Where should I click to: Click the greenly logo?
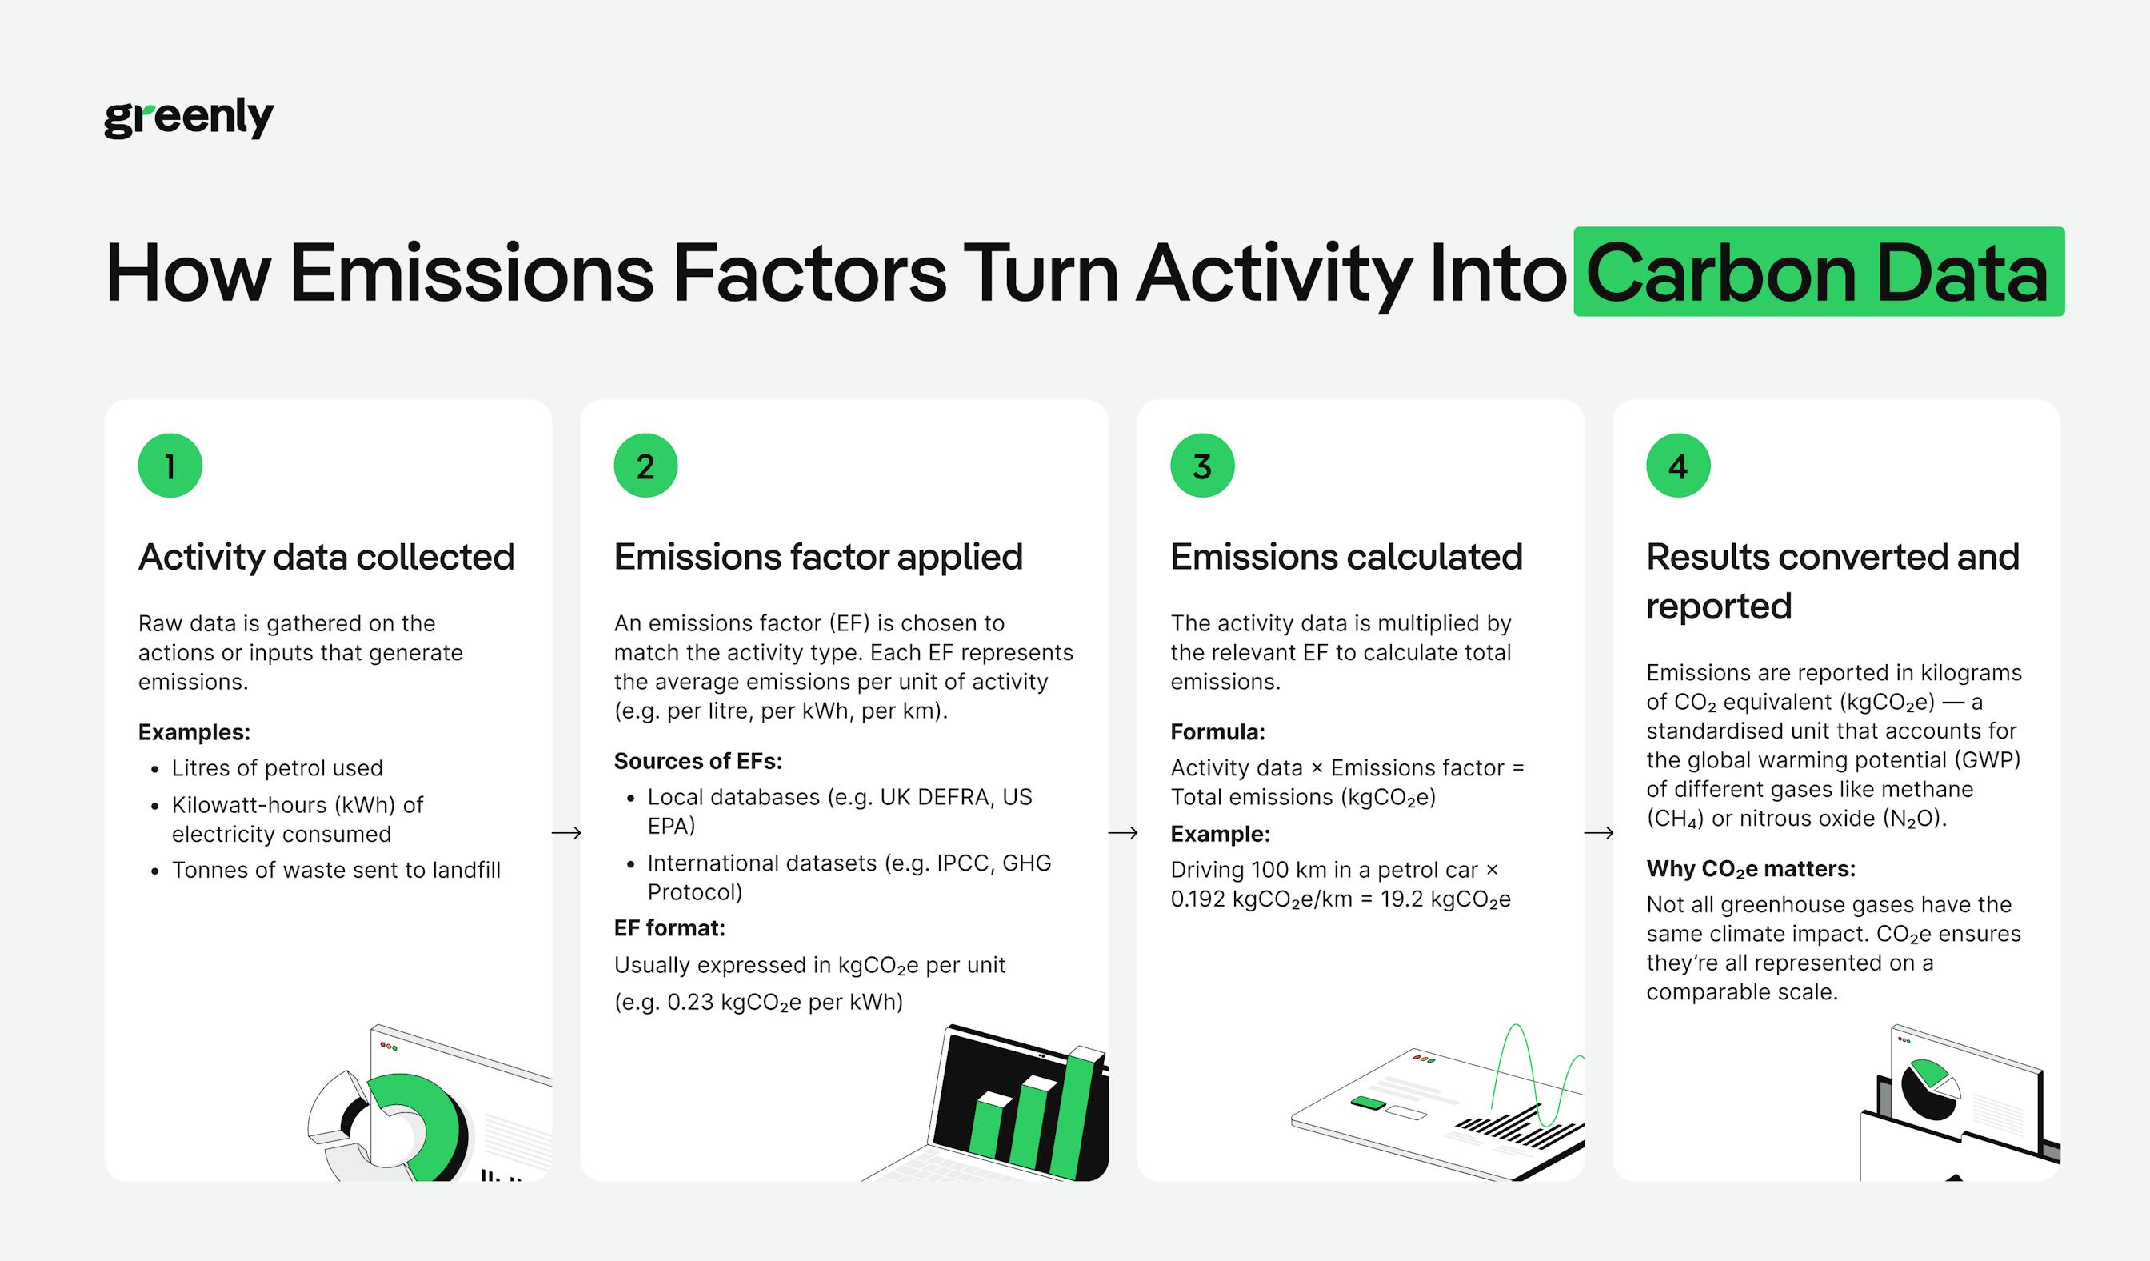tap(189, 117)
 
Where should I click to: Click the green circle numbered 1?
tap(170, 466)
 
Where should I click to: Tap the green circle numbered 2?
tap(645, 466)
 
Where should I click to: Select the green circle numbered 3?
tap(1202, 466)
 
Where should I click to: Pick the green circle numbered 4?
tap(1678, 466)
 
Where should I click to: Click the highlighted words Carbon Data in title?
tap(1818, 272)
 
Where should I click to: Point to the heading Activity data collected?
tap(326, 557)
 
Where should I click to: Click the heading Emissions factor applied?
tap(817, 557)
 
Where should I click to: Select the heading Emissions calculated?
tap(1345, 557)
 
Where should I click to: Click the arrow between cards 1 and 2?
tap(566, 833)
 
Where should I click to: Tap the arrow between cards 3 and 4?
tap(1599, 833)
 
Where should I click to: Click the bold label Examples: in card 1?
tap(194, 732)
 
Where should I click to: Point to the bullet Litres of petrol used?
tap(278, 768)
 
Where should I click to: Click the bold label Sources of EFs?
tap(697, 761)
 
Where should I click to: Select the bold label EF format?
tap(669, 928)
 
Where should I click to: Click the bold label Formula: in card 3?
tap(1217, 732)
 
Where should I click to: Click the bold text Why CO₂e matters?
tap(1751, 868)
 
